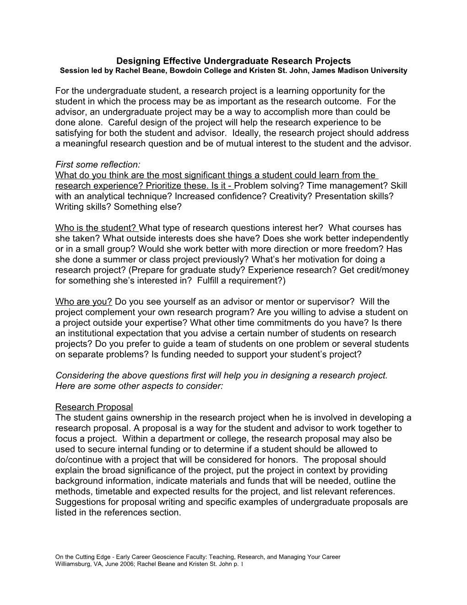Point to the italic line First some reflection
[98, 165]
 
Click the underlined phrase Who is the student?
[96, 228]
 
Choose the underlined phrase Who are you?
[84, 302]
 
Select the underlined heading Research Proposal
[94, 407]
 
